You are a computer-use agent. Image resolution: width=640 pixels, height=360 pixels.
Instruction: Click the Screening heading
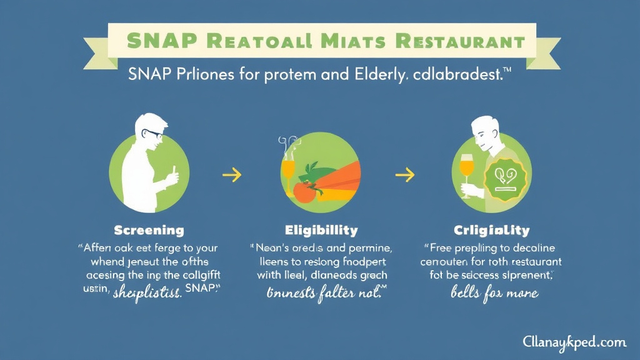coord(149,231)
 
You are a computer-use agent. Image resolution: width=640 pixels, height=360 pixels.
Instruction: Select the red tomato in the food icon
coord(304,192)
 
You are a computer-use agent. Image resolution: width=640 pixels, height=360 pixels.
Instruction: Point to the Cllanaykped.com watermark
coord(574,342)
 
